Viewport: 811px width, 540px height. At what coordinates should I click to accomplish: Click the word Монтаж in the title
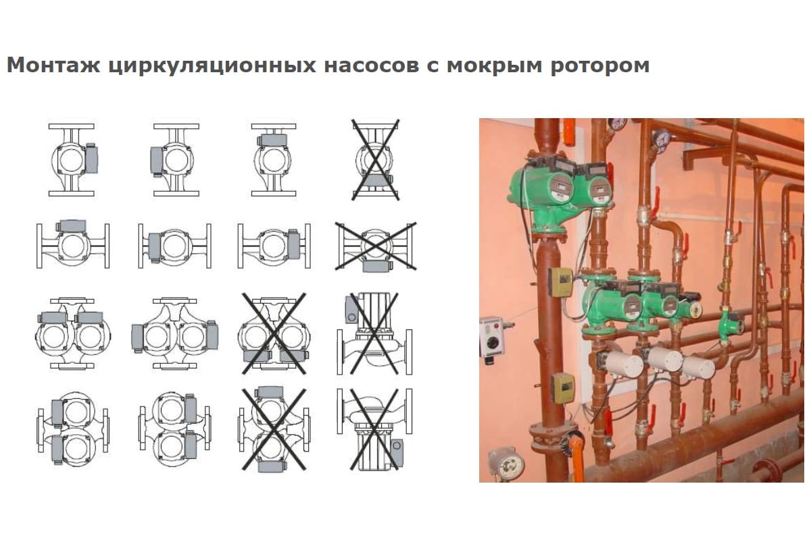[53, 65]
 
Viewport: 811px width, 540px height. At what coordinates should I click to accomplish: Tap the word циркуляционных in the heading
[212, 66]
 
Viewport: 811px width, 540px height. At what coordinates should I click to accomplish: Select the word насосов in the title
[372, 66]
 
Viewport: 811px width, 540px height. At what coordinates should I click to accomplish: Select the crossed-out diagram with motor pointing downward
[374, 429]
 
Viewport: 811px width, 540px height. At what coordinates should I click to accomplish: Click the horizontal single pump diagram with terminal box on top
[73, 245]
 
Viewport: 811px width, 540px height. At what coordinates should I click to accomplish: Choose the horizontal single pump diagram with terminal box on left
[174, 246]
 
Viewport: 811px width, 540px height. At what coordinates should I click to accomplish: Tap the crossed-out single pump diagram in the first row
[375, 159]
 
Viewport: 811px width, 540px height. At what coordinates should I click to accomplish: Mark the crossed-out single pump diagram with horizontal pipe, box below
[376, 247]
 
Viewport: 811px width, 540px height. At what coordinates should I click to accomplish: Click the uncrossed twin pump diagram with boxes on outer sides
[174, 333]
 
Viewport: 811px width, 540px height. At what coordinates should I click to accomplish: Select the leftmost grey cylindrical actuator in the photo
[621, 364]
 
